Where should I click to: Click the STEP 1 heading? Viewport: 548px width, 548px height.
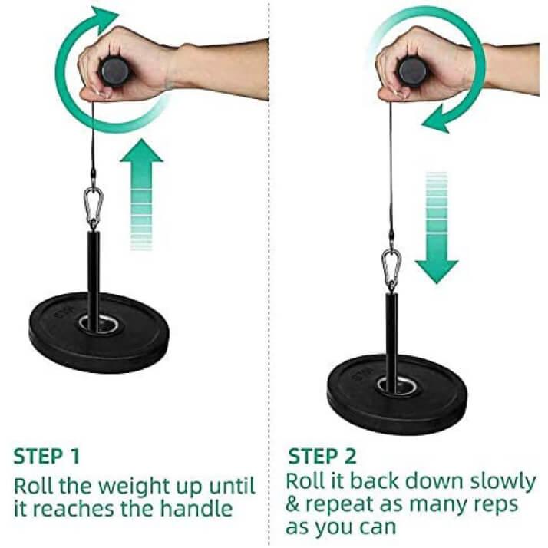46,457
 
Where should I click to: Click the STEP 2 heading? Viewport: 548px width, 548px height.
322,457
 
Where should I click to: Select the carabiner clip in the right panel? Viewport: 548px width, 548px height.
391,269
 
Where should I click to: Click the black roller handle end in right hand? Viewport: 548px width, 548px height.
412,71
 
